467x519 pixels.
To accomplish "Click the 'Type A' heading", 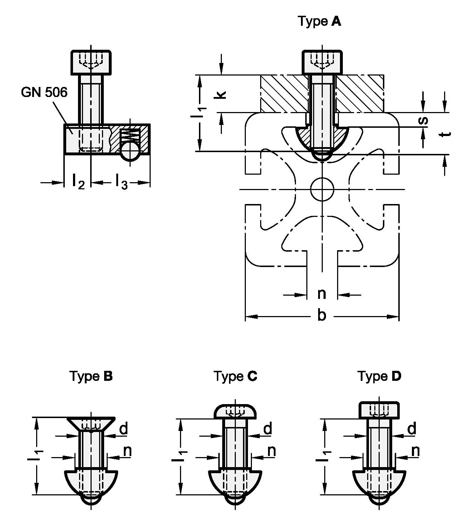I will (x=320, y=22).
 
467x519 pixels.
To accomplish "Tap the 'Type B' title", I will (x=91, y=376).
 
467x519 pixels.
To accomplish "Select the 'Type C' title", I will (x=235, y=376).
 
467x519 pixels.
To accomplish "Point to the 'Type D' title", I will (x=379, y=376).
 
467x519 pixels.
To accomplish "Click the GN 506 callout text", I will (x=44, y=92).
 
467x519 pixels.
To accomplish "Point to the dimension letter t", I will (x=445, y=134).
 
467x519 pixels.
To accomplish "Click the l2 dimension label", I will (x=78, y=181).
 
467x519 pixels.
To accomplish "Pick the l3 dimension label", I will (x=121, y=181).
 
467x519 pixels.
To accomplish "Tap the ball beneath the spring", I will (x=130, y=151).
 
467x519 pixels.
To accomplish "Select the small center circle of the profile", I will (x=322, y=188).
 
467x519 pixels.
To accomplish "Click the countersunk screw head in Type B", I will (x=91, y=424).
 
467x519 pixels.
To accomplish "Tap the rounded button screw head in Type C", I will (x=235, y=412).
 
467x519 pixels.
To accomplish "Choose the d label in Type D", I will (x=412, y=428).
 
